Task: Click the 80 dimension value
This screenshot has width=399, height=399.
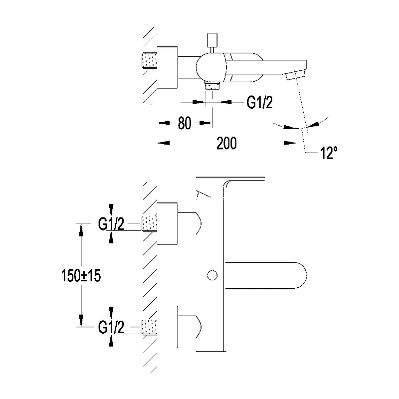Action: point(185,123)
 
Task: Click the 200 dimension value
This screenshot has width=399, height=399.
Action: point(226,143)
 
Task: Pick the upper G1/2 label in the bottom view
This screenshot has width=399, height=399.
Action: point(111,225)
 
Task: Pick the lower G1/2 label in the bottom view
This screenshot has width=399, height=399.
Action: point(111,328)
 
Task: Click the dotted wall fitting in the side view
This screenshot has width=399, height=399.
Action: point(150,61)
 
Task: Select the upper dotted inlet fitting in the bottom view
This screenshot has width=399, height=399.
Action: point(150,224)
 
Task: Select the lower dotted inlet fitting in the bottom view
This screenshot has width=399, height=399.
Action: point(150,327)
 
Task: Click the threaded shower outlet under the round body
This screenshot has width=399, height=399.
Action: point(213,85)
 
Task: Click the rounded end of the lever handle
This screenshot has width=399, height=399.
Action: point(299,275)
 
